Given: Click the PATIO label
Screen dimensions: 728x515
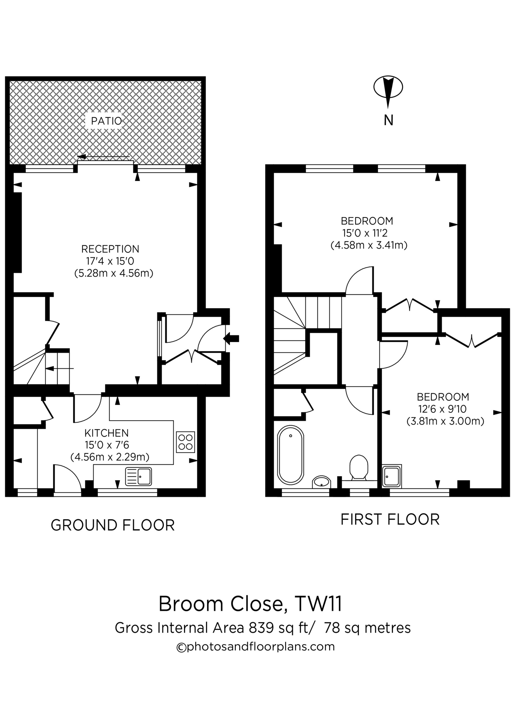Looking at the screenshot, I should (x=106, y=121).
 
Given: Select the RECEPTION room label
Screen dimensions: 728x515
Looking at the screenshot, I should (x=110, y=249).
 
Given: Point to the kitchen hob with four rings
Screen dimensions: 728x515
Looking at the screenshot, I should (x=185, y=442).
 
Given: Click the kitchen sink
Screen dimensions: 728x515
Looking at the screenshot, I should (x=139, y=477).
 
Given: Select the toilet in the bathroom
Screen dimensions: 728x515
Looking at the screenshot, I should (x=359, y=468).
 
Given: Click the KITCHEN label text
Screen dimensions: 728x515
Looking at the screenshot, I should (x=106, y=433).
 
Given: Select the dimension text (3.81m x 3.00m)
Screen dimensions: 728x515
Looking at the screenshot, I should (x=445, y=421).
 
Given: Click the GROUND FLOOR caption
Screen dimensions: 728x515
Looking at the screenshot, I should (x=113, y=525).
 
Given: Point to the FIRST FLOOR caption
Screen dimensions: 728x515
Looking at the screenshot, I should (x=390, y=520).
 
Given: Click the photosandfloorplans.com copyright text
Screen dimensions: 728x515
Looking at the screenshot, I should (x=255, y=647).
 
